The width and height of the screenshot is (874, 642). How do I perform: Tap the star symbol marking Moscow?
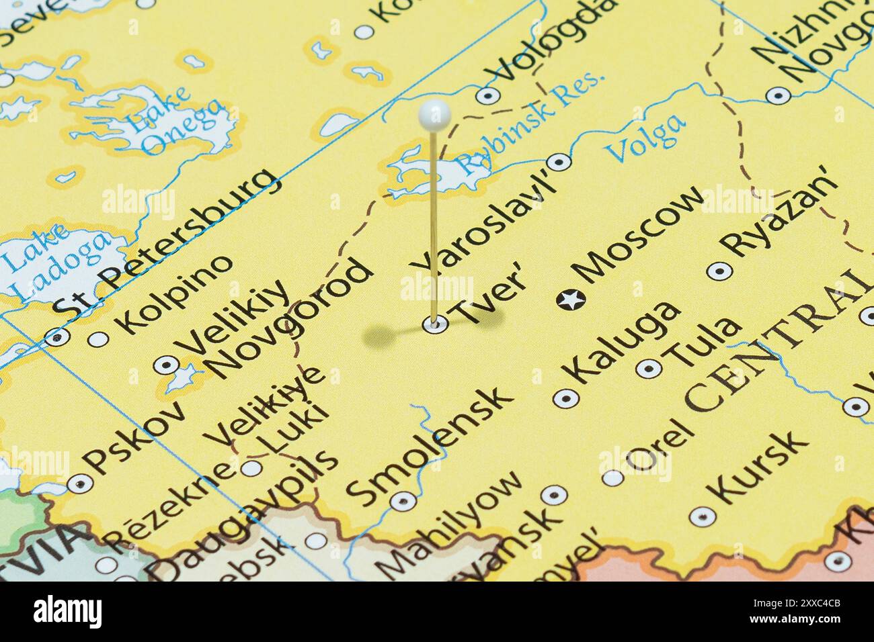click(x=571, y=300)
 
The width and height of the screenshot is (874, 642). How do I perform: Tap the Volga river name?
click(x=646, y=138)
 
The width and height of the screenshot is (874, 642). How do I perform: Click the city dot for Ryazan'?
click(x=720, y=271)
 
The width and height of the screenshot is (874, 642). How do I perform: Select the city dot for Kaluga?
click(x=565, y=398)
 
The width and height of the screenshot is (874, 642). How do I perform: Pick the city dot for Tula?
click(x=648, y=367)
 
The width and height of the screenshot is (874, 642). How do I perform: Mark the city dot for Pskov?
click(x=81, y=482)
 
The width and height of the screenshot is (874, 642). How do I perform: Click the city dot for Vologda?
click(x=487, y=95)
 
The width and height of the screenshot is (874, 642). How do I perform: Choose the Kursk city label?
click(x=759, y=467)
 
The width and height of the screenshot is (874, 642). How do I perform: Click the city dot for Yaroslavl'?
click(x=559, y=162)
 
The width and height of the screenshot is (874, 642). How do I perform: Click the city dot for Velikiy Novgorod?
click(x=165, y=365)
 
